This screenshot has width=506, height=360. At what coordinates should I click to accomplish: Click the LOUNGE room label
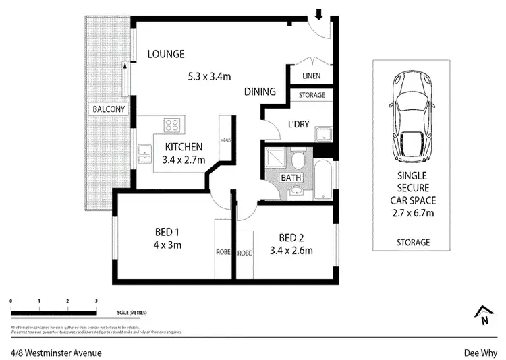coord(166,54)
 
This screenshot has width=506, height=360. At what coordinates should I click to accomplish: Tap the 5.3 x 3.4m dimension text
coord(210,76)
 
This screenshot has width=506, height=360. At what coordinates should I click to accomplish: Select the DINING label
coord(260,92)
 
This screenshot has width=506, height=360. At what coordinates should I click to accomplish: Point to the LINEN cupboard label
coord(312,76)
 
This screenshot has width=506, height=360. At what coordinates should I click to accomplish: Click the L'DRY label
coord(298,125)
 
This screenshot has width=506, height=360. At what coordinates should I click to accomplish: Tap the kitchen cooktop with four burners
coord(173,124)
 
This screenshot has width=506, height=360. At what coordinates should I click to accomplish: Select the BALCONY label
coord(109,109)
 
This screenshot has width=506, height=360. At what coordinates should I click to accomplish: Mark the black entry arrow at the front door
coord(319,13)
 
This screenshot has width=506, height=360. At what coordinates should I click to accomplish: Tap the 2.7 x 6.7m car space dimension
coord(413,213)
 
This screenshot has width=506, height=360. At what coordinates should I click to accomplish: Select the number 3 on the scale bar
coord(96,301)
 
